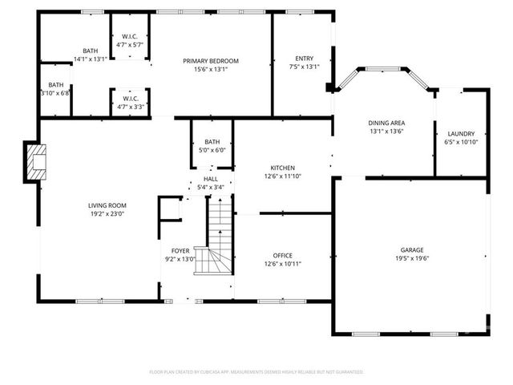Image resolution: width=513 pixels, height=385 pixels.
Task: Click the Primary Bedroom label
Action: pos(211,61)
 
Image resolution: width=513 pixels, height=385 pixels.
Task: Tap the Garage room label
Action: pos(412,249)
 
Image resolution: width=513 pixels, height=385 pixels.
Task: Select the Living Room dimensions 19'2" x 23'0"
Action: pos(107,214)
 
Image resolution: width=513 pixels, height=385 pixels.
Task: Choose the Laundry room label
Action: pos(461,133)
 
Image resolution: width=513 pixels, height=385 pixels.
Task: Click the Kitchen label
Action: pos(282,168)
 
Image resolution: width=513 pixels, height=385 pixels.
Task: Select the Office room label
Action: pos(282,255)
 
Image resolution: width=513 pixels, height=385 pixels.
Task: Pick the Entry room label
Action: pos(304,58)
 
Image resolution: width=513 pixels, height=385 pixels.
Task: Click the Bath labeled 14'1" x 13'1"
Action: pos(90,55)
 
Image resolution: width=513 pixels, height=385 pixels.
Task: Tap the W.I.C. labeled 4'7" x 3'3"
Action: pos(130,102)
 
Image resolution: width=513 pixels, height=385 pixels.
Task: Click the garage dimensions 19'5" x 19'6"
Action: pos(412,258)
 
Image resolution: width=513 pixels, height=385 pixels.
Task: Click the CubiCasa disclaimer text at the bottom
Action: pos(256,371)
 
